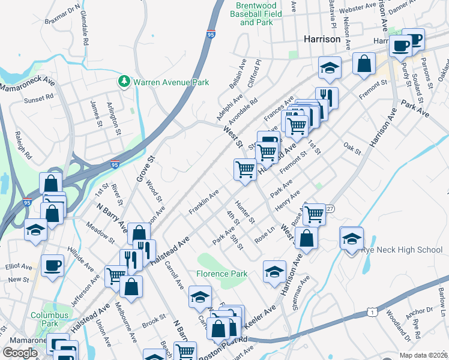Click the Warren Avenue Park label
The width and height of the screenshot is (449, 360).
click(x=171, y=82)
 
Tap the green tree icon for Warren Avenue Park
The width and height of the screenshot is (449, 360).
click(x=124, y=81)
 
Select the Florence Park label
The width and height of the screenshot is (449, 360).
click(x=221, y=274)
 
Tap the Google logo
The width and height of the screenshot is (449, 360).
click(x=20, y=353)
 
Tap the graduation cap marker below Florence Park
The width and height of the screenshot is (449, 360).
click(x=200, y=296)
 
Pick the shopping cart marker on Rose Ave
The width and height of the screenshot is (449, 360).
click(x=315, y=214)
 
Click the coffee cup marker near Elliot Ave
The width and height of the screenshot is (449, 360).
click(x=53, y=265)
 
